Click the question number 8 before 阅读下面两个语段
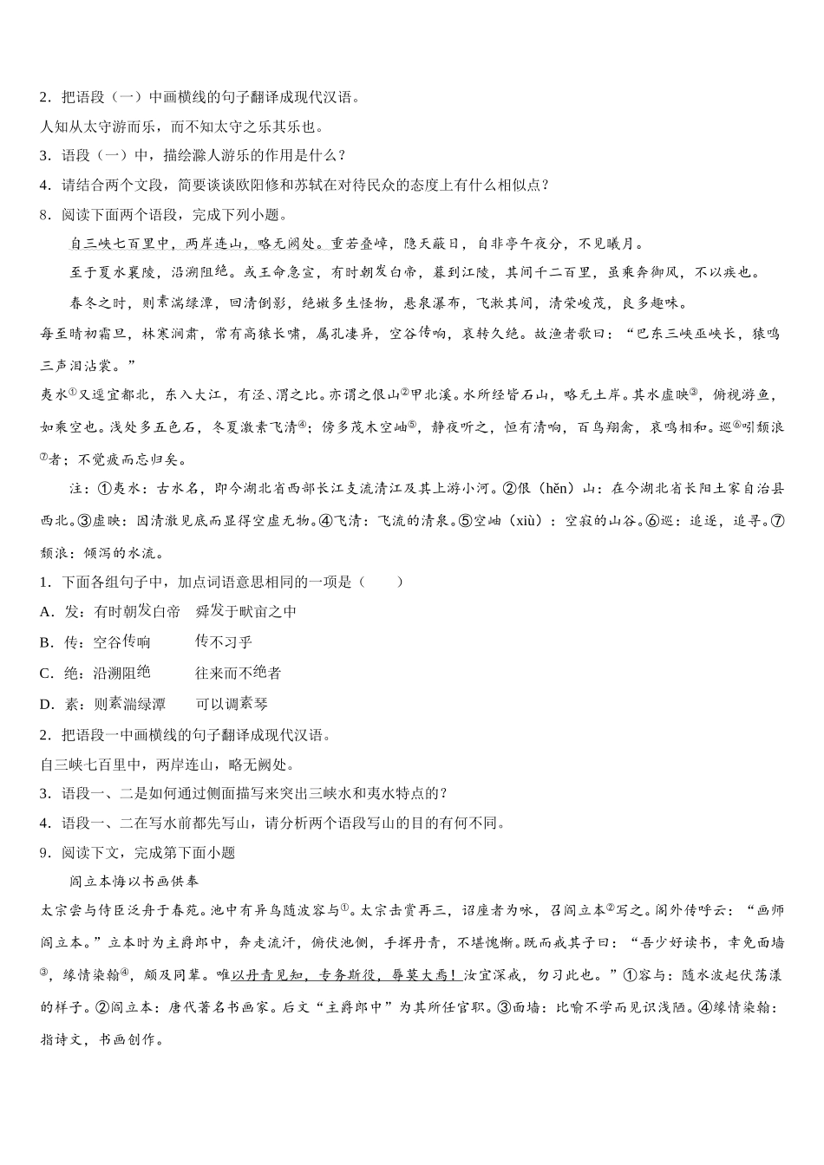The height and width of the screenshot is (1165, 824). tap(44, 215)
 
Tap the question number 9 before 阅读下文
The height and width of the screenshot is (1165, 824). tap(44, 853)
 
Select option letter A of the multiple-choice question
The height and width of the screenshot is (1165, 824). tap(46, 612)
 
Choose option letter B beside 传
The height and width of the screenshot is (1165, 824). tap(46, 642)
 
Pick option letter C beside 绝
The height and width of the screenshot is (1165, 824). tap(46, 674)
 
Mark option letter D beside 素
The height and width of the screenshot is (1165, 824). tap(46, 705)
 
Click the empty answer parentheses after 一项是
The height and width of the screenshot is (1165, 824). tap(382, 582)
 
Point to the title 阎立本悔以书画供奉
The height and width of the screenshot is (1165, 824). tap(134, 882)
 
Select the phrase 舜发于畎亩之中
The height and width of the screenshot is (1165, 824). tap(245, 612)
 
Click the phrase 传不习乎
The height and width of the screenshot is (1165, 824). tap(224, 642)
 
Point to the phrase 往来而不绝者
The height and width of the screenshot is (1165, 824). tap(238, 674)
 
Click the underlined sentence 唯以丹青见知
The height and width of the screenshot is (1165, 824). tap(260, 975)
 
